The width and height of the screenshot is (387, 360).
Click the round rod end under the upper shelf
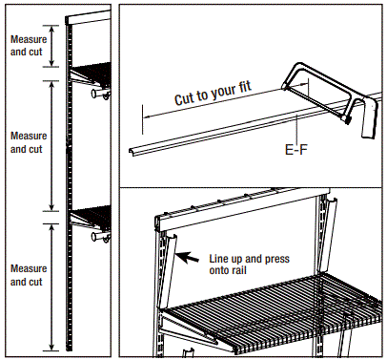[96, 95]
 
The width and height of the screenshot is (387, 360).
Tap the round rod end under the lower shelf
[96, 234]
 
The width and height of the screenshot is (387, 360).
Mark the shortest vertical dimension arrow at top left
[51, 45]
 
